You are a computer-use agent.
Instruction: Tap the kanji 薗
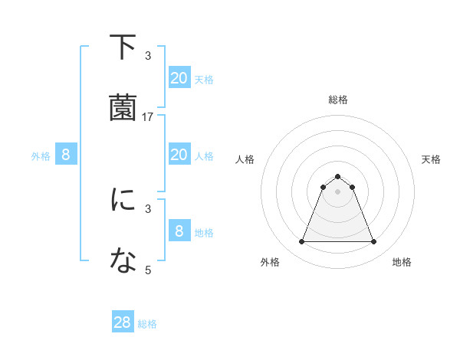(x=123, y=107)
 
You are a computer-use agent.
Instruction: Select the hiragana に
(x=123, y=199)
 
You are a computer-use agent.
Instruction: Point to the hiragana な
(x=123, y=260)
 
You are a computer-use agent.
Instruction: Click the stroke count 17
(x=148, y=116)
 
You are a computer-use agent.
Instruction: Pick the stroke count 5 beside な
(x=148, y=270)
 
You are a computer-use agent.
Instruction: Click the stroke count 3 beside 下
(x=148, y=55)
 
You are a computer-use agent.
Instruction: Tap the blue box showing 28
(x=123, y=322)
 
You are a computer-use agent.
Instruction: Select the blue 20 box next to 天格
(x=179, y=78)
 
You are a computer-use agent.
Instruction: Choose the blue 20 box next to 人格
(x=179, y=155)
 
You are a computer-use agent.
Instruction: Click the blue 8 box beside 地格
(x=179, y=231)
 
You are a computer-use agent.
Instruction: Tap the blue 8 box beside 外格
(x=66, y=155)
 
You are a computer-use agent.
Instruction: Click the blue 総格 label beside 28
(x=147, y=324)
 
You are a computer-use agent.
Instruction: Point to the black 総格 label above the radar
(x=337, y=100)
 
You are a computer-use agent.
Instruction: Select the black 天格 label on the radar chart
(x=431, y=159)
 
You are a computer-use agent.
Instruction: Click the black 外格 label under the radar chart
(x=270, y=262)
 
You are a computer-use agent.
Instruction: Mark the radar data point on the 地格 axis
(x=373, y=242)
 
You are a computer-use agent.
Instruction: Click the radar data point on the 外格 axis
(x=301, y=242)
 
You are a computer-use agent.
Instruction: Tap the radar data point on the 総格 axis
(x=337, y=176)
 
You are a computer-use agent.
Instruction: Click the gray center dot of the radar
(x=337, y=191)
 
